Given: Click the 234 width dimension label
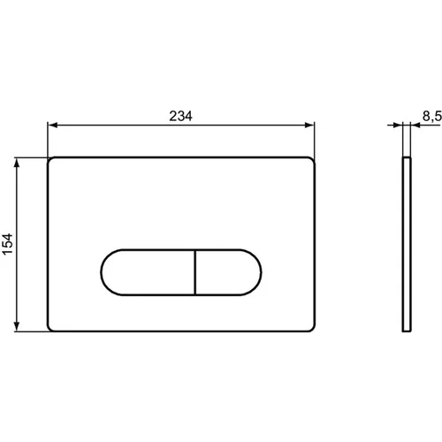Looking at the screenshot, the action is [x=180, y=116].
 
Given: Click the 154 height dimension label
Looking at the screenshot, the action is [x=8, y=244].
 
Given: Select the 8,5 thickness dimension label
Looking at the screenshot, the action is [x=432, y=116].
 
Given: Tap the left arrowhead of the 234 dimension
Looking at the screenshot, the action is [x=52, y=126].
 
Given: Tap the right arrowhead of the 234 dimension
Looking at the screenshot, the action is [x=309, y=126].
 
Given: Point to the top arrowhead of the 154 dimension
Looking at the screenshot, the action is [x=17, y=163].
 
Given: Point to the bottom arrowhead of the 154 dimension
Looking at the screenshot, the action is [x=17, y=326].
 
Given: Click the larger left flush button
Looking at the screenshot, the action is [x=148, y=272].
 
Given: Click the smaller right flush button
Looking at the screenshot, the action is [x=228, y=272].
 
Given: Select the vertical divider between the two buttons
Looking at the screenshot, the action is [x=195, y=272].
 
